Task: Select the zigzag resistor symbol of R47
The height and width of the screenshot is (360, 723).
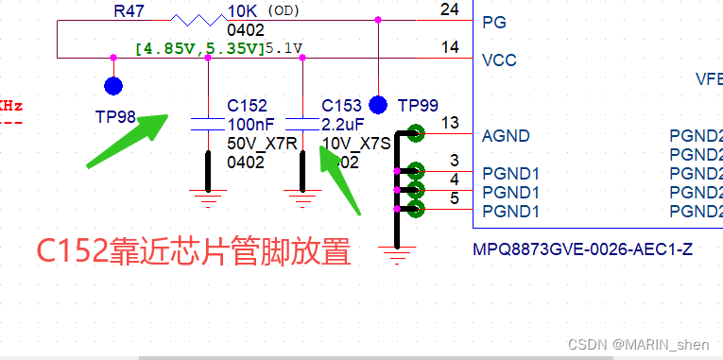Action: (197, 19)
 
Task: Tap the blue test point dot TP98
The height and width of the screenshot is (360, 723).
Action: (113, 87)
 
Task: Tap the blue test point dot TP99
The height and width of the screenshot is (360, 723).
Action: (379, 104)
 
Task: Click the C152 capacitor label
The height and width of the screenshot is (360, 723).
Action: (247, 106)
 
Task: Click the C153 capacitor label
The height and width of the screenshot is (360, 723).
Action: (341, 106)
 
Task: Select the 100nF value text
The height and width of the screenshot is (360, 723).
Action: (250, 124)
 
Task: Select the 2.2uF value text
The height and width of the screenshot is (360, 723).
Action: (341, 124)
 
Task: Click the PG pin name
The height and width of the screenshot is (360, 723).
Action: (493, 22)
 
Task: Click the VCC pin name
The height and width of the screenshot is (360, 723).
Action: (499, 60)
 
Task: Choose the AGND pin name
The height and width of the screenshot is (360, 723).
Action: (506, 135)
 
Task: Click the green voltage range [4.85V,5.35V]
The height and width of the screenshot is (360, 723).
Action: (198, 47)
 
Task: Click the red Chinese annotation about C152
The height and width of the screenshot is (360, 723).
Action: (194, 251)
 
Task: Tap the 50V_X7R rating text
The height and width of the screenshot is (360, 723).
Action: (262, 143)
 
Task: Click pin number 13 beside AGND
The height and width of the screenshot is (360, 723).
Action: (450, 123)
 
